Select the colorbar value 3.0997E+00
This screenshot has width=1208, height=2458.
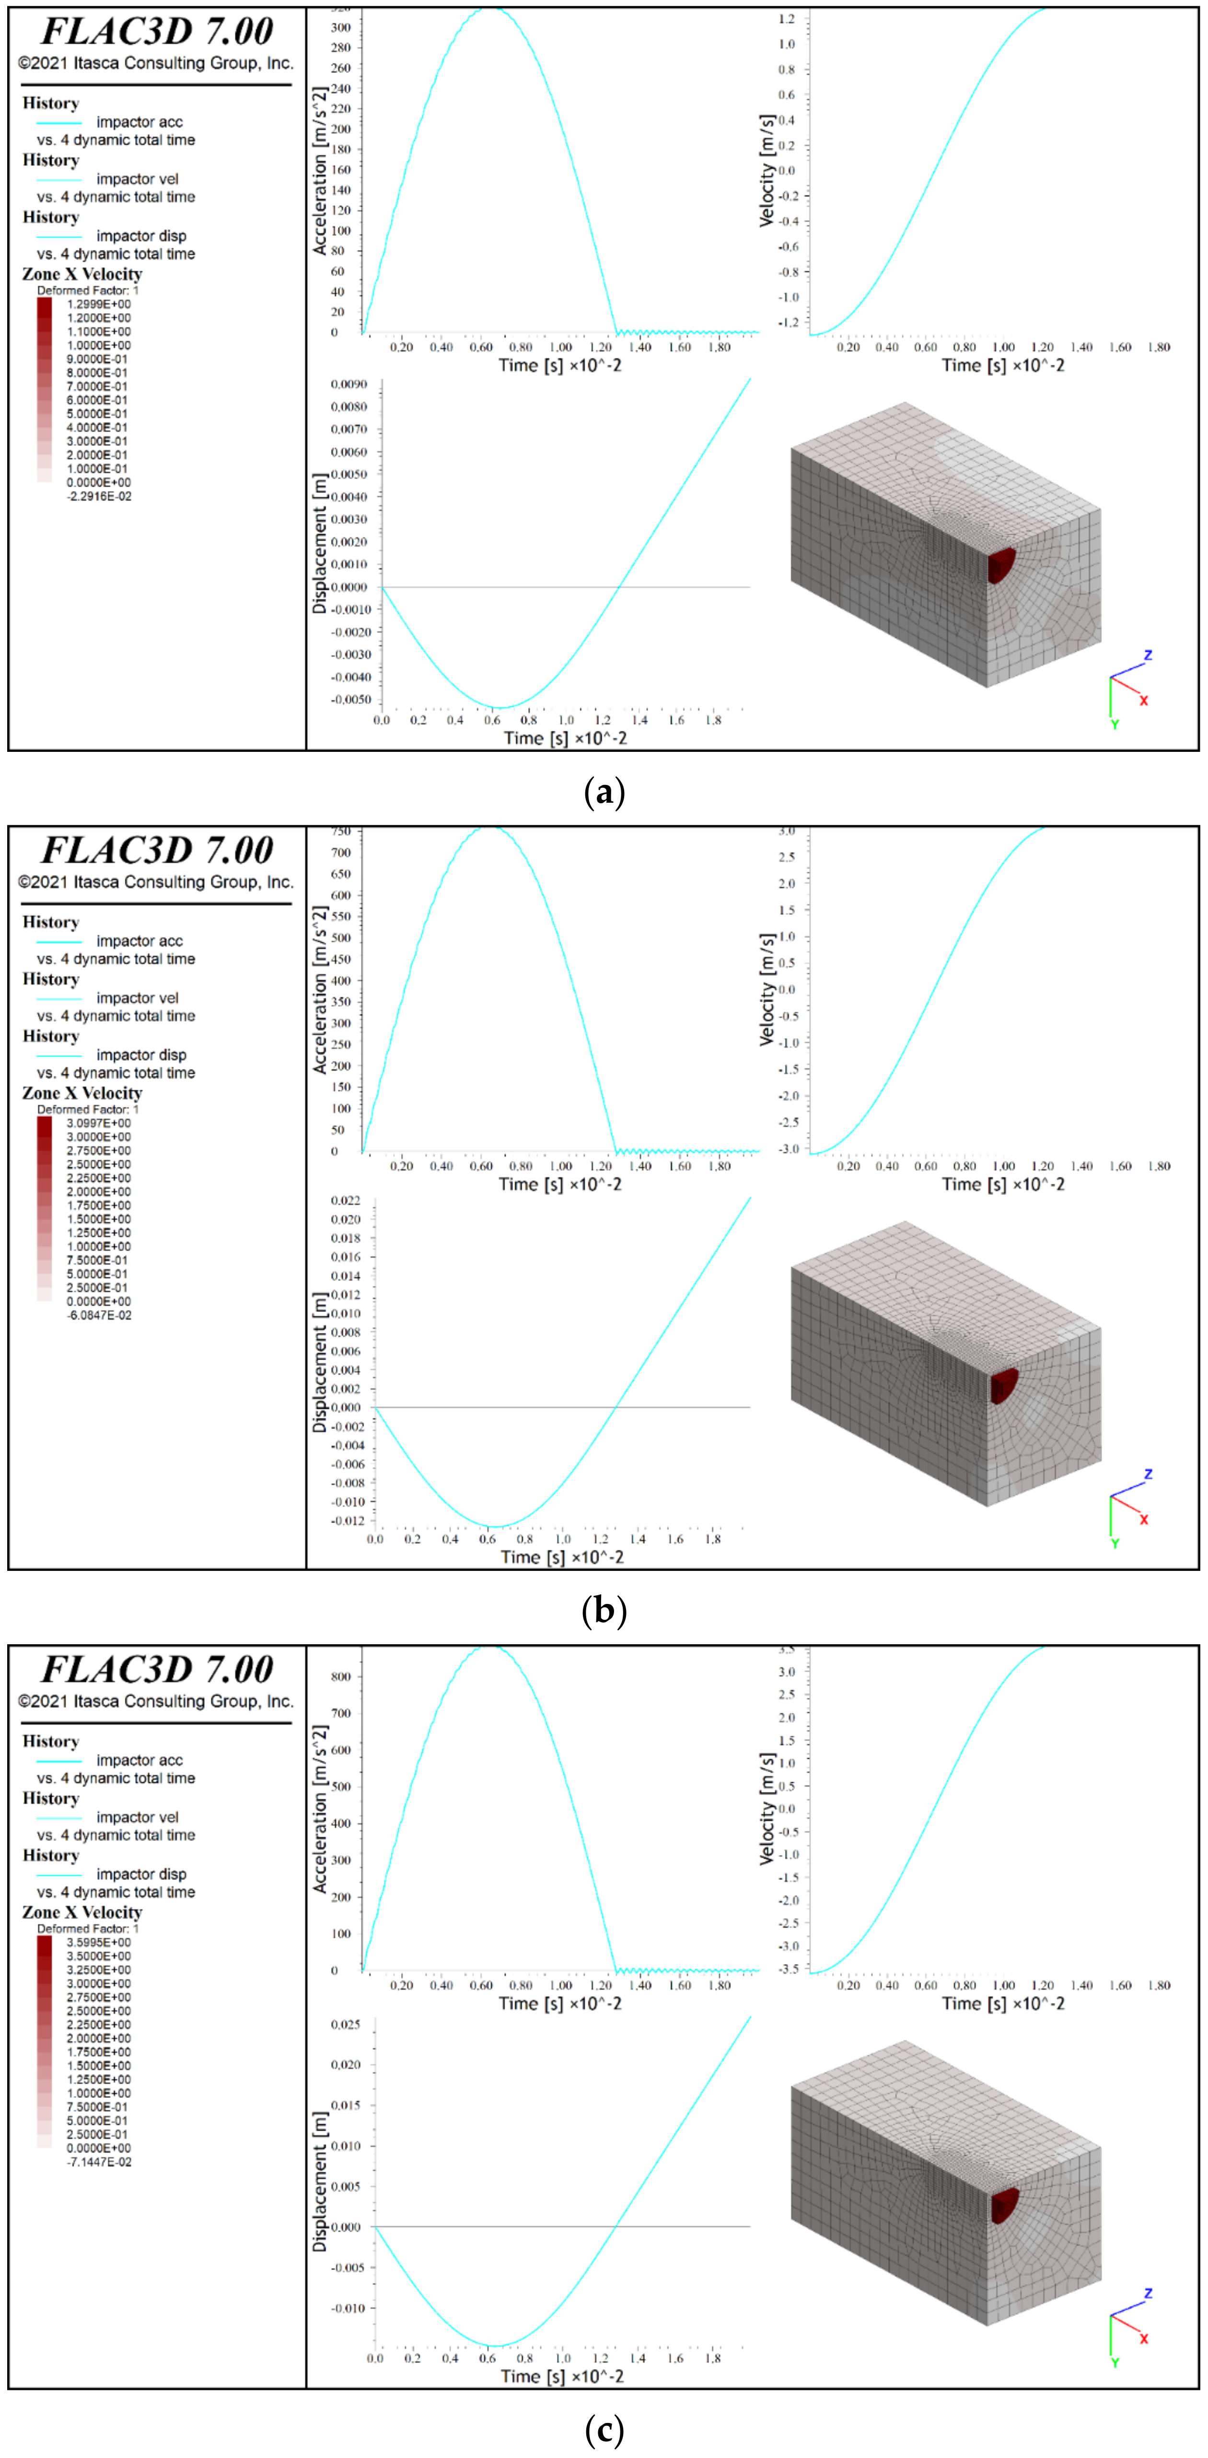(x=98, y=1123)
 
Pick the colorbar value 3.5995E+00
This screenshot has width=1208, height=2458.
(x=98, y=1942)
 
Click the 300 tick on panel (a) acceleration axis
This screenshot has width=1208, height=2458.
(x=341, y=28)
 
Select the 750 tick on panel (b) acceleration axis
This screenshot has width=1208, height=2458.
(x=341, y=831)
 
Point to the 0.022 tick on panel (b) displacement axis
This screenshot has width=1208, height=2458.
(x=346, y=1200)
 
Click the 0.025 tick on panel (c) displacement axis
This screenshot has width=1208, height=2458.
(x=346, y=2024)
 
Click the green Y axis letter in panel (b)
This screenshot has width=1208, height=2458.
(x=1115, y=1543)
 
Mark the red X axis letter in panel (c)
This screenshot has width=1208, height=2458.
(x=1144, y=2339)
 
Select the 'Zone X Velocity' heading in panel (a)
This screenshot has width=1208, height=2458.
(x=82, y=274)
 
